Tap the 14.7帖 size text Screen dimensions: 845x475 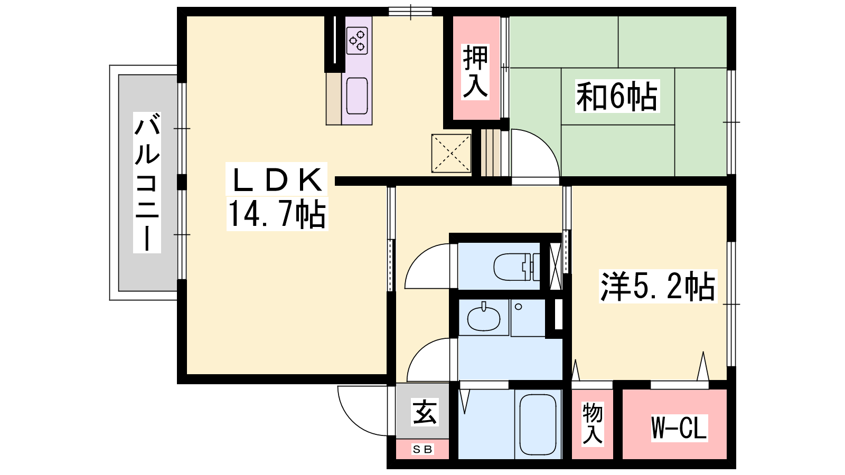coord(277,214)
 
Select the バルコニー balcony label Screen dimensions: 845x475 coord(147,183)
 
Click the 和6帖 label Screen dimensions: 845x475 coord(617,96)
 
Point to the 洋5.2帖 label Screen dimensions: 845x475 coord(658,287)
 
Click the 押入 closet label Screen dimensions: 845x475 coord(476,72)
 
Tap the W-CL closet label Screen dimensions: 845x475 coord(679,428)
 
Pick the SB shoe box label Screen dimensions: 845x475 coord(422,449)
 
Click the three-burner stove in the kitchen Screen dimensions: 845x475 coord(357,40)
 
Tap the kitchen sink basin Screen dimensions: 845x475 coord(357,96)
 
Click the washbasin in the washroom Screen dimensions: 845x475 coord(484,319)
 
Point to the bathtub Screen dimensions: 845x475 coord(538,424)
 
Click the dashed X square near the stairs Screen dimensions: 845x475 coord(451,153)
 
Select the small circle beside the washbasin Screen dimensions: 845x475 coord(518,307)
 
